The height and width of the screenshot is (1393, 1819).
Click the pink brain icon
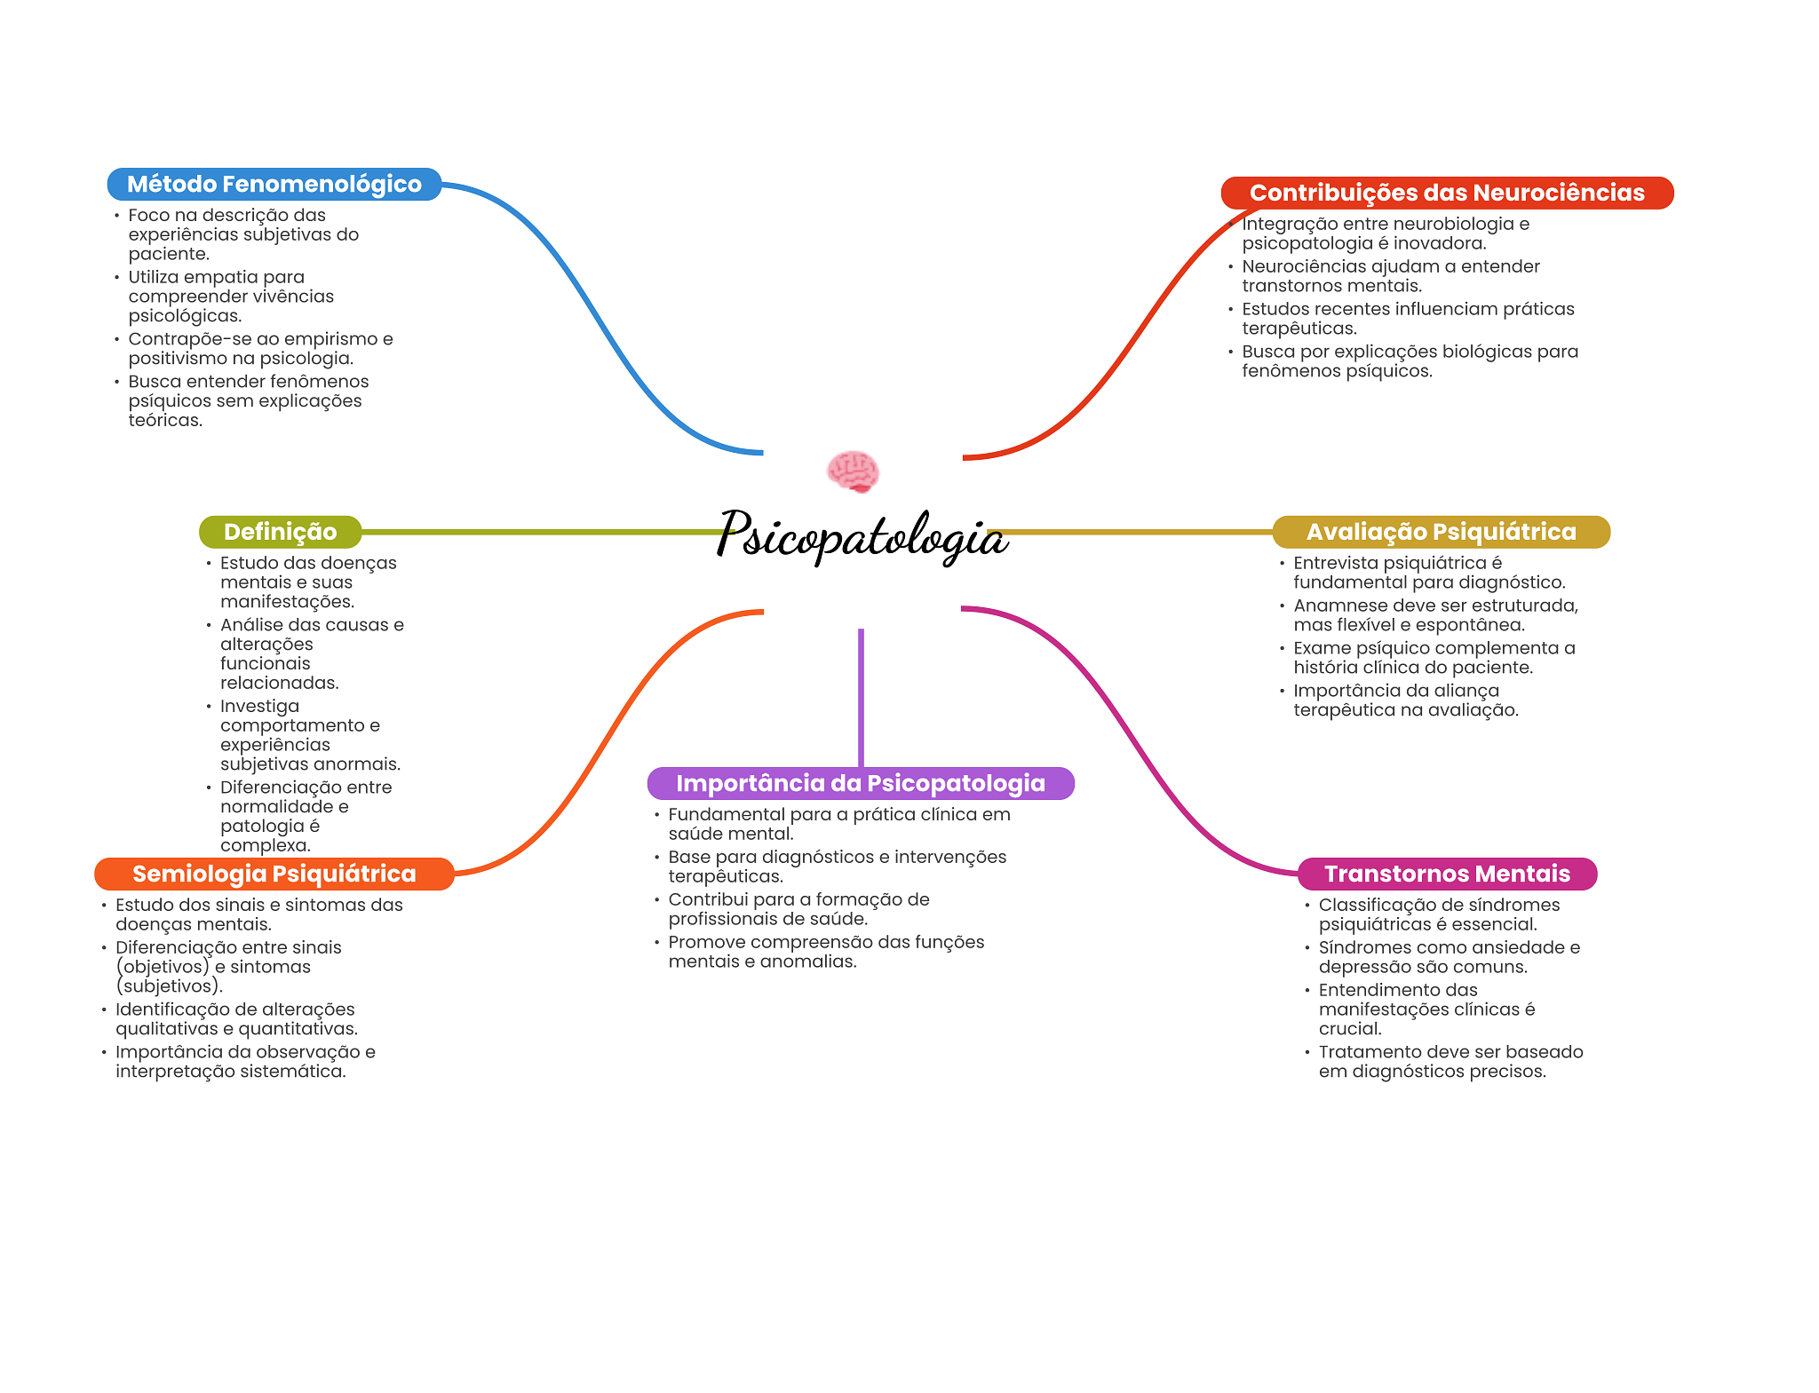853,471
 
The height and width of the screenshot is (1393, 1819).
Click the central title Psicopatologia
862,535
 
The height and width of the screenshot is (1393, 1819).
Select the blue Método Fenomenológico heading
274,184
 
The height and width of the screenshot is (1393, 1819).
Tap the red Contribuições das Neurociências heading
1447,193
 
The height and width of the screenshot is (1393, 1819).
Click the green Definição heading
280,532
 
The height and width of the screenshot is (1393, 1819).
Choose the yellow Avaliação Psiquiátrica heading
1441,532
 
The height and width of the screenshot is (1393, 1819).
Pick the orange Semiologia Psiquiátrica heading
274,874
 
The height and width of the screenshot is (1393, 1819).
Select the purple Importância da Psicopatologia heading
861,783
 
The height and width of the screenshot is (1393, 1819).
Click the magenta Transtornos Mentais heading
1447,874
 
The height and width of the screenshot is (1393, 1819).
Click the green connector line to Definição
542,532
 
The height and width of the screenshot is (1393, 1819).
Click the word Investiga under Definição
259,706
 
